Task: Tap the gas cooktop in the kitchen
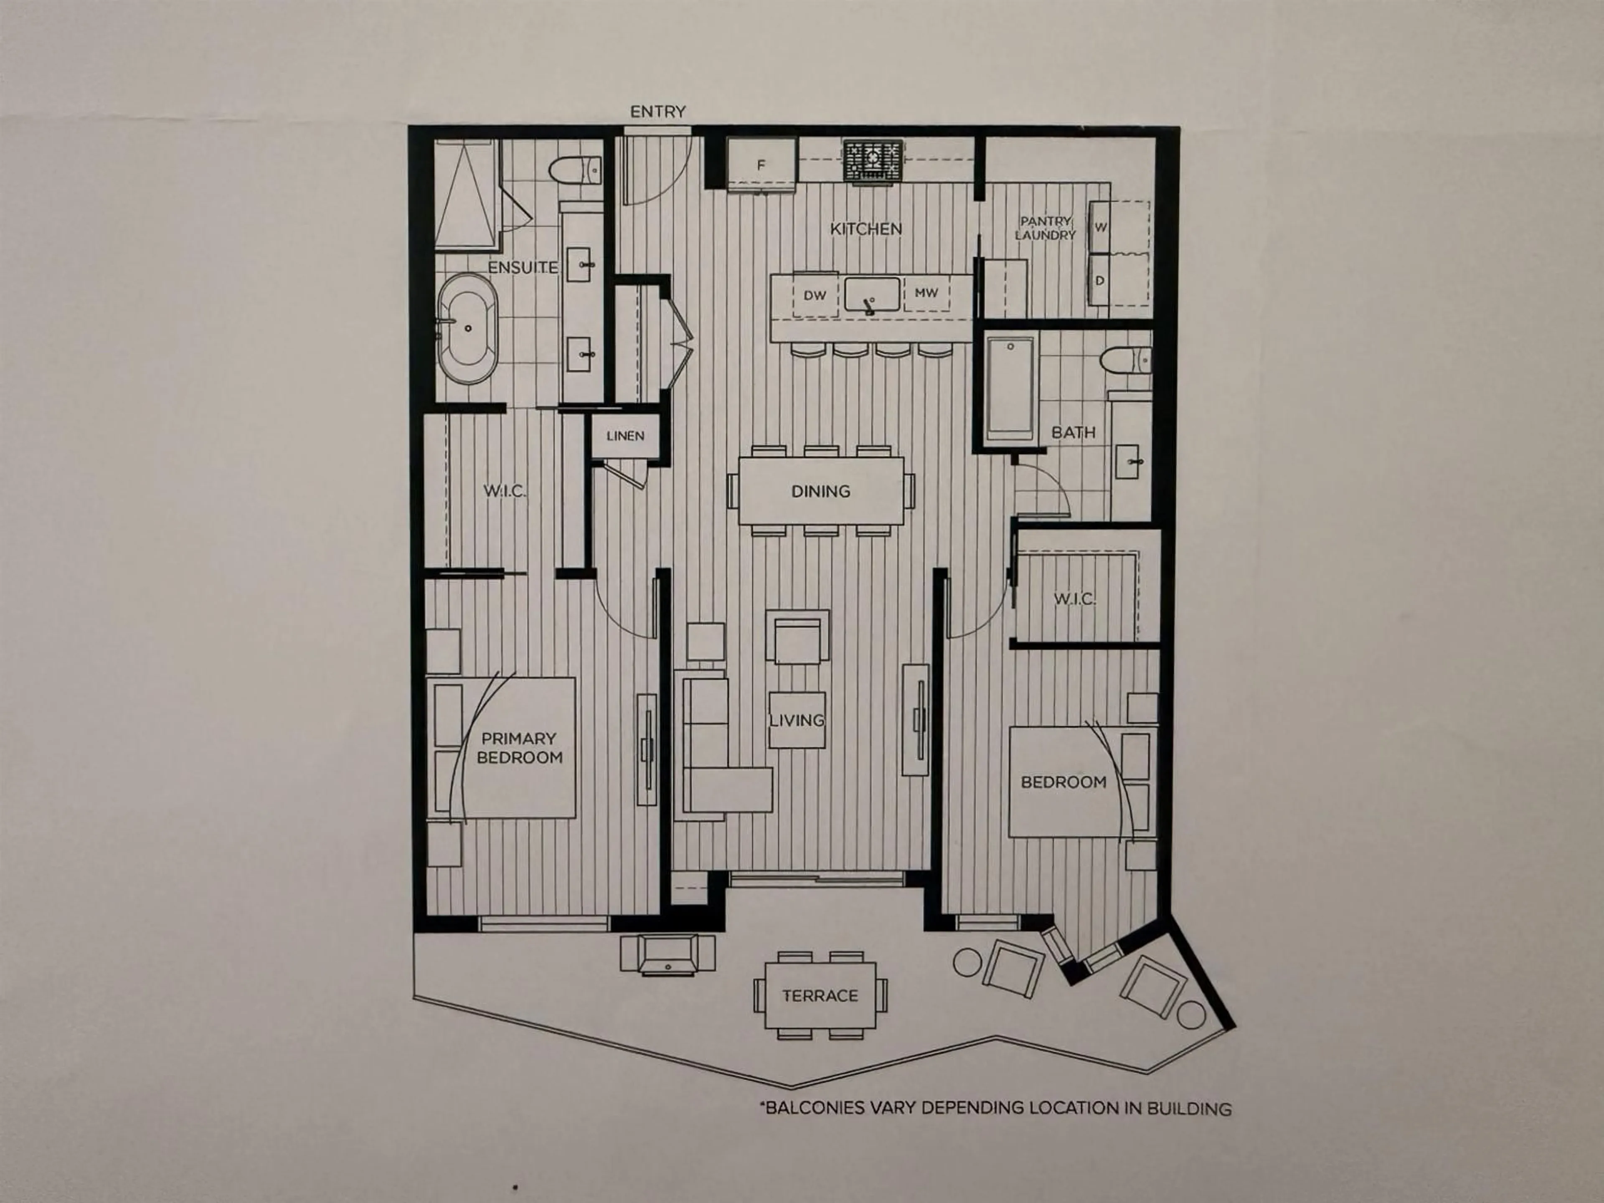click(x=872, y=160)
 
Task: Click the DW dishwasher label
click(x=815, y=295)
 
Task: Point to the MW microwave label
click(x=926, y=293)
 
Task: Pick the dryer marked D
click(x=1100, y=280)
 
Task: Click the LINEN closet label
click(x=625, y=436)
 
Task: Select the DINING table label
click(x=821, y=491)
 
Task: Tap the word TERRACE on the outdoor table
click(x=820, y=996)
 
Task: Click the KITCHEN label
click(x=866, y=228)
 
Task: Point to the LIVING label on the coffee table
click(x=797, y=720)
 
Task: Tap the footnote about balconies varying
click(x=995, y=1108)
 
